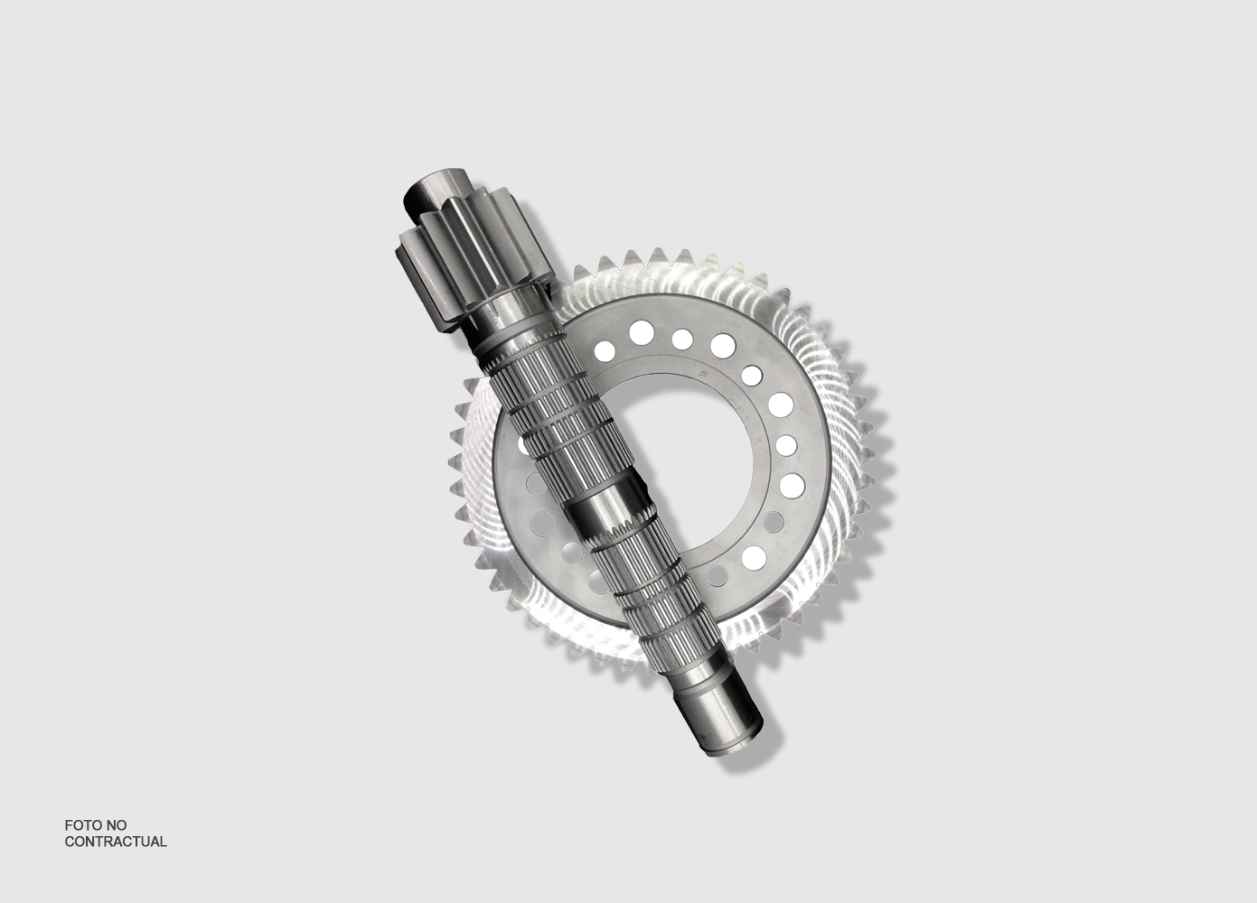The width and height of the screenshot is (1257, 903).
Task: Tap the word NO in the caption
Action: tap(117, 825)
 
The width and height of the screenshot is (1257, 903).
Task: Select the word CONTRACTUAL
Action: tap(116, 842)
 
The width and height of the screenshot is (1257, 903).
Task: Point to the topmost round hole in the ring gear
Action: tap(642, 332)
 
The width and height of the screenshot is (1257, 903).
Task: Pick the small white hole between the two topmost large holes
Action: tap(681, 339)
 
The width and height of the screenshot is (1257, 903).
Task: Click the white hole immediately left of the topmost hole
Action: tap(605, 350)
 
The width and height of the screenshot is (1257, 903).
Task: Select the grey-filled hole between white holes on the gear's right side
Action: tap(774, 522)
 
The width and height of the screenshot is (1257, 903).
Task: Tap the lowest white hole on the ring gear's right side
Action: tap(754, 557)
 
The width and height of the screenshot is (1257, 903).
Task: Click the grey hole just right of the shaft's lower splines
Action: tap(717, 575)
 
